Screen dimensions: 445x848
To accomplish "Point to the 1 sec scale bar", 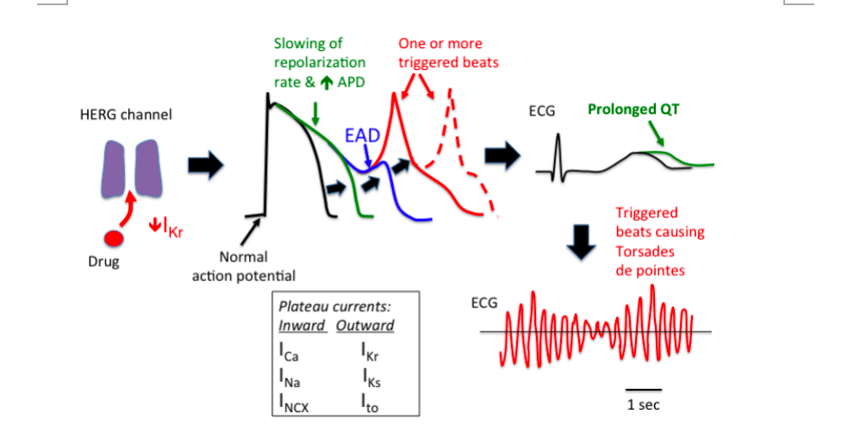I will pos(644,390).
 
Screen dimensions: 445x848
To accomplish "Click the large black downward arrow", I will pos(583,245).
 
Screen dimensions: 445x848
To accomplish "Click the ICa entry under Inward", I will pos(289,351).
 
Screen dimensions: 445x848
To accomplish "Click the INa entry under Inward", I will pos(289,376).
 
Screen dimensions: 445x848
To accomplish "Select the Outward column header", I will pos(365,325).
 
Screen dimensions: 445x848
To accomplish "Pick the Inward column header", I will pos(302,325).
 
